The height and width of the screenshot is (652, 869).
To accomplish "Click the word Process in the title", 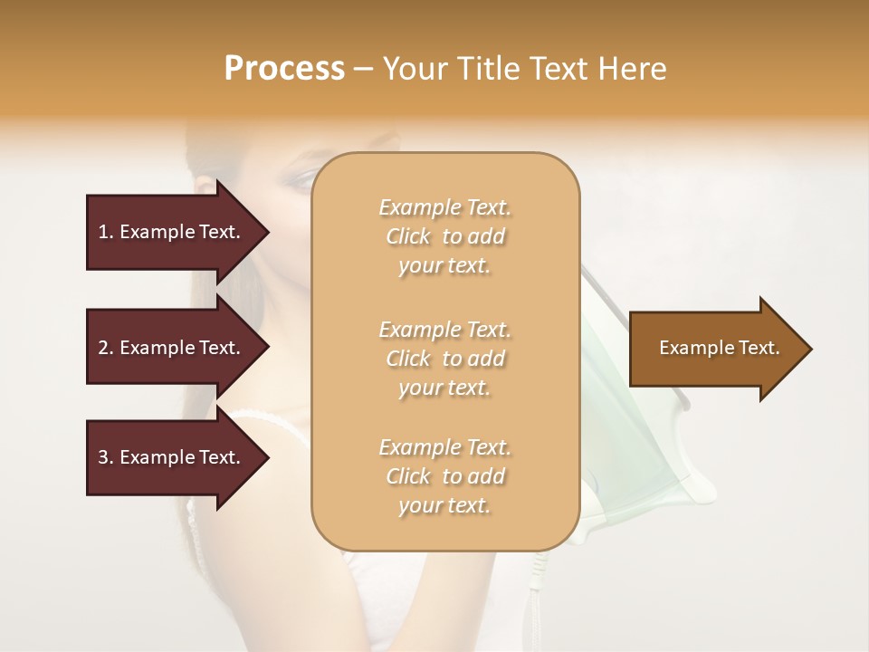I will click(284, 69).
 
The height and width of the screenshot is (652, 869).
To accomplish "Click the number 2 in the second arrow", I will click(103, 348).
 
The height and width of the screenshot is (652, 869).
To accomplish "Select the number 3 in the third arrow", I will click(103, 457).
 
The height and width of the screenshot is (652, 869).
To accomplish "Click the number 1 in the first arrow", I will click(103, 232).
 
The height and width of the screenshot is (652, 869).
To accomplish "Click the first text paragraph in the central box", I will click(444, 236).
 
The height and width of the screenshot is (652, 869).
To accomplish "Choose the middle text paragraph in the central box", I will click(444, 359).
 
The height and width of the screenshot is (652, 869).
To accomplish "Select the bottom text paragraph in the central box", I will click(444, 476).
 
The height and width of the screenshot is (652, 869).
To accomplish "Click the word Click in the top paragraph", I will click(408, 236).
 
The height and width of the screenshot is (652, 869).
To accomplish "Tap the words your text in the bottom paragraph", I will click(444, 506).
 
